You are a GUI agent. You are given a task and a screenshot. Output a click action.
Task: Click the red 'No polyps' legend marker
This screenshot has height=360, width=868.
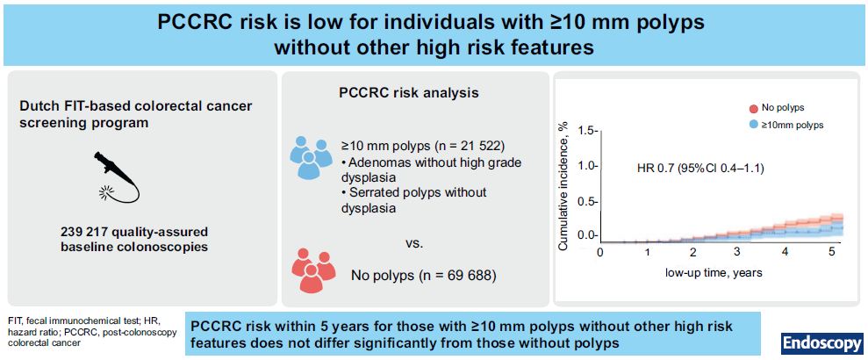click(753, 108)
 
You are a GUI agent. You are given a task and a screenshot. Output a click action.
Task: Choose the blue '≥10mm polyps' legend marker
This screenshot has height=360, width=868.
click(753, 126)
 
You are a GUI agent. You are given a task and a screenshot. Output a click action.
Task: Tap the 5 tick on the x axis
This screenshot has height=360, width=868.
click(830, 252)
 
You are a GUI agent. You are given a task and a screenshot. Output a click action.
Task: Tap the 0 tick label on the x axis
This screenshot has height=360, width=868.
click(600, 252)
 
